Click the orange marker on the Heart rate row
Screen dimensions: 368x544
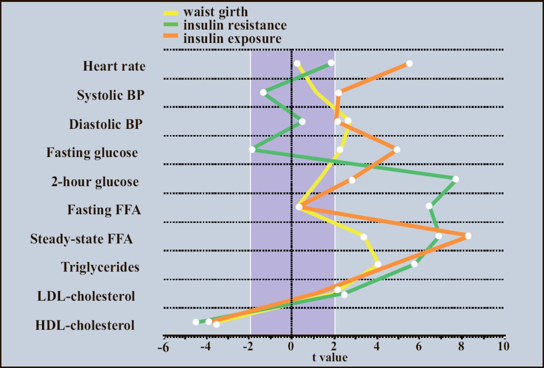tap(409, 64)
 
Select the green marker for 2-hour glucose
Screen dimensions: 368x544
tap(456, 179)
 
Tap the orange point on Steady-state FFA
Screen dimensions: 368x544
tap(468, 236)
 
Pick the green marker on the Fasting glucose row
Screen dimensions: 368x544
tap(252, 150)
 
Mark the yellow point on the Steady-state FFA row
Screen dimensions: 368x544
tap(363, 237)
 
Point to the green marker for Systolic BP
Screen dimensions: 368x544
tap(263, 92)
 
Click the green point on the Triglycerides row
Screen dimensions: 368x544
tap(414, 264)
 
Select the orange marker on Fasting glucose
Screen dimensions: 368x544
tap(397, 150)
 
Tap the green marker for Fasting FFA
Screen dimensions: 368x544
tap(429, 206)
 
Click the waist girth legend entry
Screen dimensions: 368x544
tap(215, 11)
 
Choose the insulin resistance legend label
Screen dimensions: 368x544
tap(235, 25)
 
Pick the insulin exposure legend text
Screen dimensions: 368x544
tap(232, 39)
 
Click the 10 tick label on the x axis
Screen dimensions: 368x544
tap(504, 346)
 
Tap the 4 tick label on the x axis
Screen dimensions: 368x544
tap(377, 346)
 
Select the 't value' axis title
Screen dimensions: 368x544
tap(330, 358)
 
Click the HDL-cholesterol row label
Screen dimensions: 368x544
tap(85, 326)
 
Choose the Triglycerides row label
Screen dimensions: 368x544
tap(100, 267)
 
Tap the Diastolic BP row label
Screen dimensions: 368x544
tap(106, 125)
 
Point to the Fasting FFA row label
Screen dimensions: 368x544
tap(104, 210)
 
